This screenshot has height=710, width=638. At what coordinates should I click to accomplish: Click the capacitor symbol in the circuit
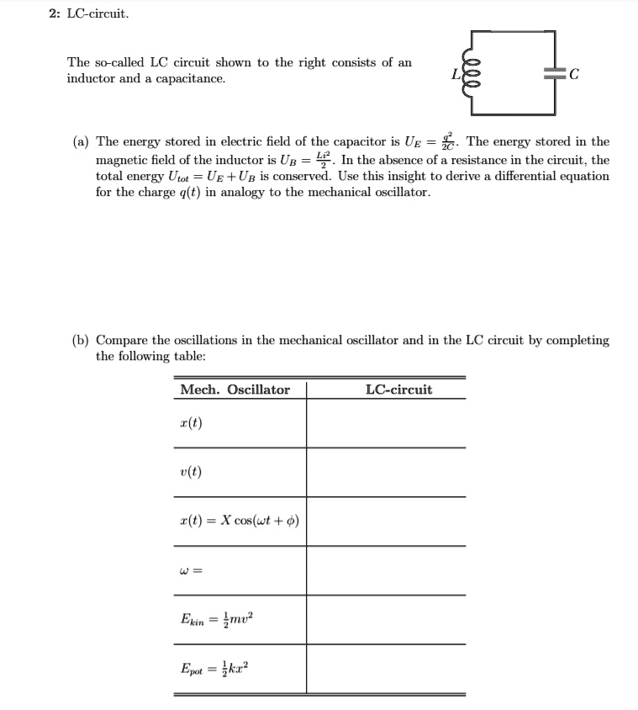pyautogui.click(x=554, y=73)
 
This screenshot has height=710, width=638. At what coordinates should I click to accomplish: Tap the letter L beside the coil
pyautogui.click(x=457, y=73)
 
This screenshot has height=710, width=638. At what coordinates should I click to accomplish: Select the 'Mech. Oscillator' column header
pyautogui.click(x=235, y=389)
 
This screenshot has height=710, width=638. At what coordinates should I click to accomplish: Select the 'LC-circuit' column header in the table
pyautogui.click(x=399, y=389)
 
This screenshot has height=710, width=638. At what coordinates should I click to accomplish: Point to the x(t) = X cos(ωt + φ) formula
pyautogui.click(x=240, y=521)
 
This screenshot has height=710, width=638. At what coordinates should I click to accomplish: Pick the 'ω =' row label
pyautogui.click(x=191, y=570)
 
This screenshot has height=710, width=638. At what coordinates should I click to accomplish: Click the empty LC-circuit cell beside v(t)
pyautogui.click(x=386, y=472)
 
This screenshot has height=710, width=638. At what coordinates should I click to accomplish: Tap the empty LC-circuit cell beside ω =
pyautogui.click(x=386, y=570)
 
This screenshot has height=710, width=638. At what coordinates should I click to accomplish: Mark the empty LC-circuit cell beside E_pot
pyautogui.click(x=386, y=669)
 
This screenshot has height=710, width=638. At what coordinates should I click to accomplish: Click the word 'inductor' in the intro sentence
pyautogui.click(x=91, y=78)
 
